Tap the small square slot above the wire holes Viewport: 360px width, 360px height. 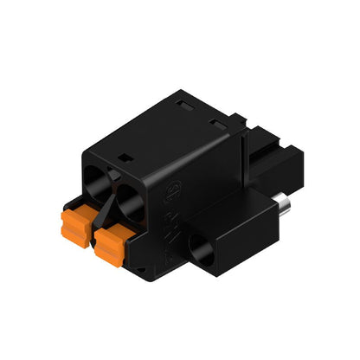(123, 158)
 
